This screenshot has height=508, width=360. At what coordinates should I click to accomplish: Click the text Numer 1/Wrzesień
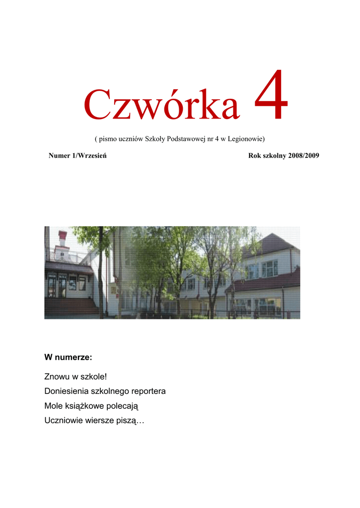(x=78, y=156)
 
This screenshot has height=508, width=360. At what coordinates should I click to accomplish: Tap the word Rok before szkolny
(x=254, y=156)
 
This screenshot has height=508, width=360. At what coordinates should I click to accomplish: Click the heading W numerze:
(x=68, y=357)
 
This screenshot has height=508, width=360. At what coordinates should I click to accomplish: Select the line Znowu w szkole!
(x=75, y=378)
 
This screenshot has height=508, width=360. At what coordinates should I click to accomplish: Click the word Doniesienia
(x=66, y=391)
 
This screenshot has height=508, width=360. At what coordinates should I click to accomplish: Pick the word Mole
(x=53, y=406)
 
